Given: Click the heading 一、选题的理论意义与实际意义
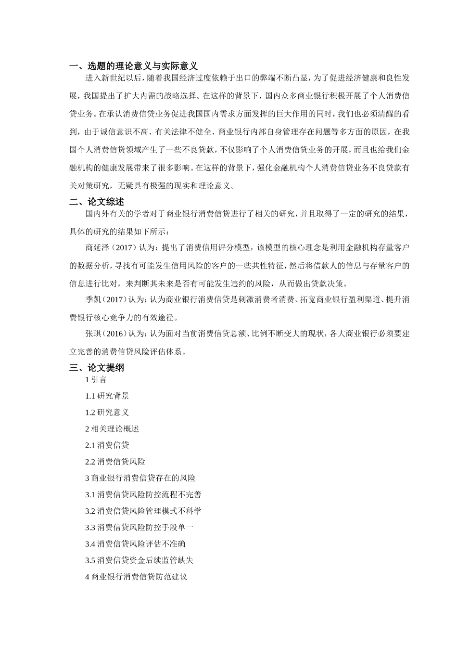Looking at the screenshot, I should [133, 66].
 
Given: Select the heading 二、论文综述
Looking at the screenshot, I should [97, 202].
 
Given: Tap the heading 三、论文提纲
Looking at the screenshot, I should [97, 368].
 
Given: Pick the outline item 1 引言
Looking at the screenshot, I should [96, 380].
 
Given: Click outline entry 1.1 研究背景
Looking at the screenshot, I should [107, 396].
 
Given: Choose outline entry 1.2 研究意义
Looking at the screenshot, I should [107, 413].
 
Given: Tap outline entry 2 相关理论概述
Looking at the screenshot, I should [112, 429].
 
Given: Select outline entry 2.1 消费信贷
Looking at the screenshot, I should [107, 445].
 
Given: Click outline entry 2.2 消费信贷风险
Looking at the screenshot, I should [115, 462].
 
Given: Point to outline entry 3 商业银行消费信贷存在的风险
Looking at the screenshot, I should [140, 478].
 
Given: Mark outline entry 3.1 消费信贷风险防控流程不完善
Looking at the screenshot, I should [143, 494].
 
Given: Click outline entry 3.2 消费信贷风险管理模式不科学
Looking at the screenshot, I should [143, 511].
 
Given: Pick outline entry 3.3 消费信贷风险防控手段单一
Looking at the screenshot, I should [140, 528].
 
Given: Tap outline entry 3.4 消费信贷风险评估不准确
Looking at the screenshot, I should [135, 544].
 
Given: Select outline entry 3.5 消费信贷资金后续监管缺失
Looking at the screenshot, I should [139, 560].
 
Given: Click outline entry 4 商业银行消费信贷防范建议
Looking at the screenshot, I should [136, 577].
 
